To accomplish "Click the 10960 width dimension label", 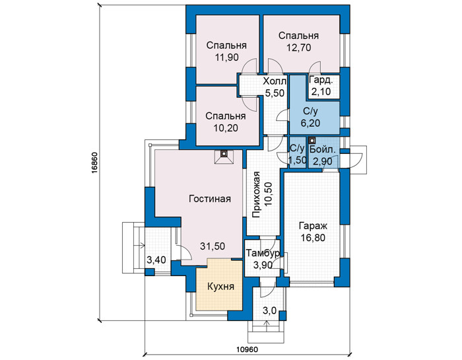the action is (247, 349).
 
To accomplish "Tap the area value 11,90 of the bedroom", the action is (226, 57).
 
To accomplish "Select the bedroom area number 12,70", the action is (299, 48).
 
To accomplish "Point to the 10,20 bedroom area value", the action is (226, 128).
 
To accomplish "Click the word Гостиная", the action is (210, 199).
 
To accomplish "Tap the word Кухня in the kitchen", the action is (220, 286).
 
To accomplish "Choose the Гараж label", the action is (313, 226).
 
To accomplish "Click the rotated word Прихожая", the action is (256, 195).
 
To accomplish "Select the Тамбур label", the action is (263, 254).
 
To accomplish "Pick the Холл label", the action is (275, 81).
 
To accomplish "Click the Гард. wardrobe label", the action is (321, 80).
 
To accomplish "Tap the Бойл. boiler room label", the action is (323, 149).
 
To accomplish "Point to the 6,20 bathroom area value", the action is (311, 123).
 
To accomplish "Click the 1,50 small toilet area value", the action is (298, 160).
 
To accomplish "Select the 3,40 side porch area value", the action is (156, 260).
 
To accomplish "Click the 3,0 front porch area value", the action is (269, 310).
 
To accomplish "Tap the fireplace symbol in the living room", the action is (224, 157).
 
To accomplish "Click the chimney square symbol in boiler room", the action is (312, 140).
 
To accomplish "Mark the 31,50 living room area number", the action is (213, 246).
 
